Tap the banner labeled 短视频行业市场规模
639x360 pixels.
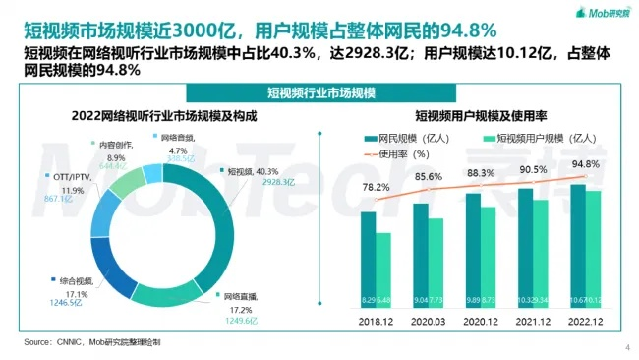(x=319, y=92)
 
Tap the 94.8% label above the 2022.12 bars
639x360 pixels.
(x=586, y=164)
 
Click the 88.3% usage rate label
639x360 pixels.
(x=479, y=173)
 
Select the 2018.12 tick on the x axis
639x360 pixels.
(x=376, y=322)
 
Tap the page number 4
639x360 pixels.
(x=627, y=347)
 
